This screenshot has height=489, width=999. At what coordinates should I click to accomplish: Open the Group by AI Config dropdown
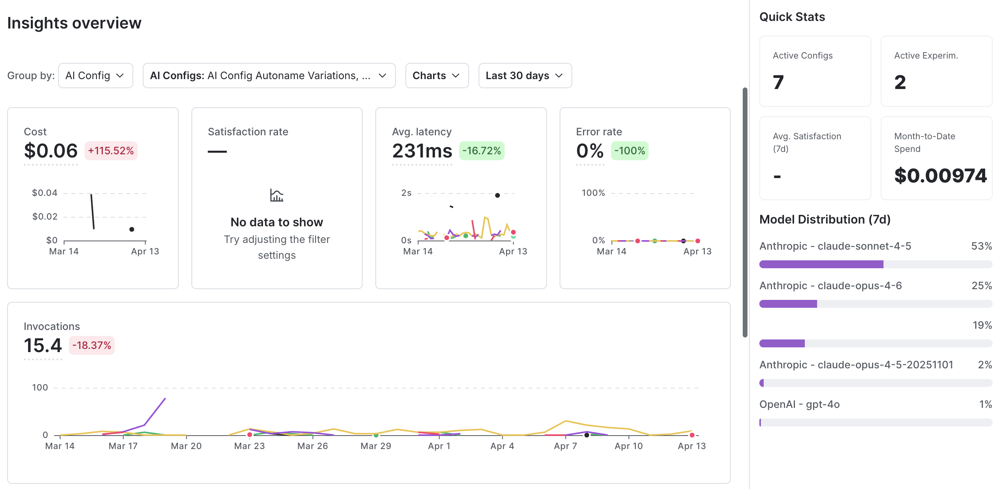click(95, 76)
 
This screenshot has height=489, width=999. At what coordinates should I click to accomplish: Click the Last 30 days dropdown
click(524, 76)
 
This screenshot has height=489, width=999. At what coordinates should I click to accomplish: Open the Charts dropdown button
click(437, 76)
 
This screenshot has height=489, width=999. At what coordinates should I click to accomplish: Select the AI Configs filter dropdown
click(269, 76)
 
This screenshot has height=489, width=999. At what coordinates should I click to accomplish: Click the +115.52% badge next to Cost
click(111, 151)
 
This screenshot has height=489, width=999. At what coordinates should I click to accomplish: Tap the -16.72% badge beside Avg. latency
click(481, 151)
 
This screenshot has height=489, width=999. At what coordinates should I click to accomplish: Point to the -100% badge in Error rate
click(629, 151)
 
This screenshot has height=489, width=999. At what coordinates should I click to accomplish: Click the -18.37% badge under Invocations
click(91, 345)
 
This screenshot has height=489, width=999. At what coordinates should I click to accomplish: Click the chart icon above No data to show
click(276, 195)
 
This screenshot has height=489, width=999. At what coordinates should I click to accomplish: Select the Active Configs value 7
click(778, 82)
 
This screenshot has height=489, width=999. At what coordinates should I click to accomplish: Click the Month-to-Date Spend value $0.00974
click(940, 176)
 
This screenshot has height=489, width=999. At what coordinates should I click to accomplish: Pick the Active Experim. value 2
click(900, 82)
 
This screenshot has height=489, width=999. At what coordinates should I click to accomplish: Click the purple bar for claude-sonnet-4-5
click(821, 264)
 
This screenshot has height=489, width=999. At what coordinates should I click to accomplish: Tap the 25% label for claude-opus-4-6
click(981, 286)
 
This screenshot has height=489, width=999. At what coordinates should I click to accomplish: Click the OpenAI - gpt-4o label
click(799, 404)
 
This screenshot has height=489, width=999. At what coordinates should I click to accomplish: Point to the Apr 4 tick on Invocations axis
click(502, 446)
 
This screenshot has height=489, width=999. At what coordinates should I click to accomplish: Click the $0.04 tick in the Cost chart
click(45, 193)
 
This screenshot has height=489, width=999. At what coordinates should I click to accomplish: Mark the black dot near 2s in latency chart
click(497, 195)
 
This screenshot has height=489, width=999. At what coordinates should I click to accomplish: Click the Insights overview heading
click(74, 23)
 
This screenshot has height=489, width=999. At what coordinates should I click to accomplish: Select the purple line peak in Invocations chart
click(165, 399)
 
